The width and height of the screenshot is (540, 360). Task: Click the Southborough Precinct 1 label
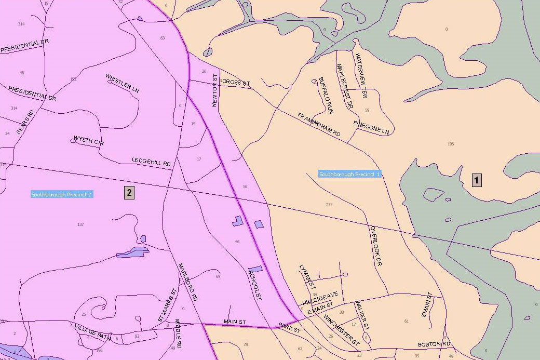(x=350, y=175)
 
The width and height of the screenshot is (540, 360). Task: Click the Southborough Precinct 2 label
(x=61, y=195)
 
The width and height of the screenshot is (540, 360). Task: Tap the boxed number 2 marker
(x=129, y=193)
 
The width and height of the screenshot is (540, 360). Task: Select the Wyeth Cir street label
(x=86, y=140)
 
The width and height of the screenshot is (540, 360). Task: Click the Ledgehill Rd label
(x=151, y=162)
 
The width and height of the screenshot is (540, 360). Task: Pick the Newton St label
(x=214, y=90)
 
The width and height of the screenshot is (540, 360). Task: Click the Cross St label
(x=236, y=83)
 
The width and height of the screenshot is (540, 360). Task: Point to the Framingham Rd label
(x=319, y=125)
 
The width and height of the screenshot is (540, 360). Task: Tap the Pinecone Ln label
(x=371, y=127)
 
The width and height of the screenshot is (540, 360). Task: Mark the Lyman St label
(x=307, y=276)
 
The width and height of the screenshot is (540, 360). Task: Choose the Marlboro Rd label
(x=188, y=283)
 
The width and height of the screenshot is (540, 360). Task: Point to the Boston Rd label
(x=434, y=344)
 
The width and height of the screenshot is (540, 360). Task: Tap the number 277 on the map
(x=329, y=205)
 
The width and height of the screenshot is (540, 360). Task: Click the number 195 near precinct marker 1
(x=450, y=144)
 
